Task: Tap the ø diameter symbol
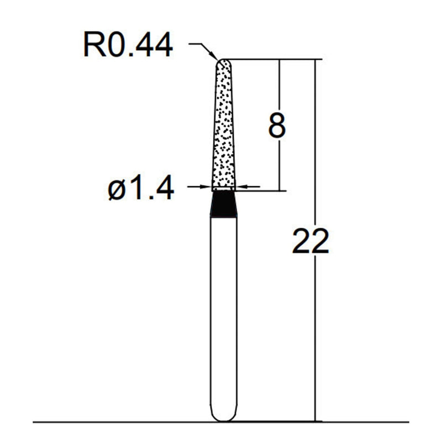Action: pyautogui.click(x=118, y=189)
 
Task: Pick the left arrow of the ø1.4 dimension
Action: pyautogui.click(x=207, y=187)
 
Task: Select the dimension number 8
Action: pyautogui.click(x=276, y=125)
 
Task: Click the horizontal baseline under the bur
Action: pyautogui.click(x=110, y=423)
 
